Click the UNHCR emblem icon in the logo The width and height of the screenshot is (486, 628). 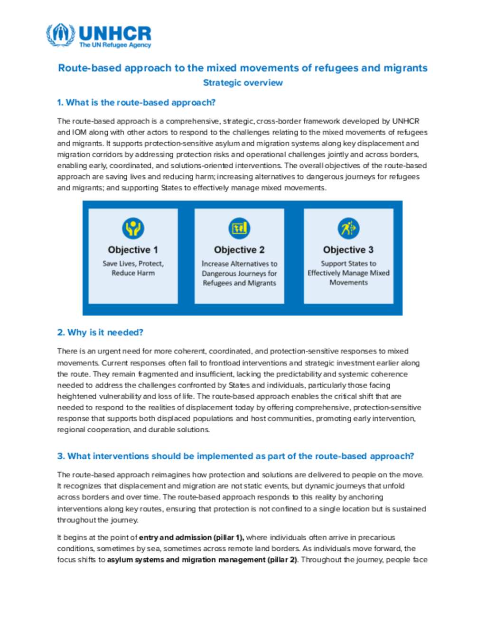click(x=60, y=35)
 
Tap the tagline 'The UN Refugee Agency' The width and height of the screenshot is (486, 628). click(x=115, y=45)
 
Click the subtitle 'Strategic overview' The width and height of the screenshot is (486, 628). click(x=243, y=82)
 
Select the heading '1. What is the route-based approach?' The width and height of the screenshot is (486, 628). click(x=136, y=102)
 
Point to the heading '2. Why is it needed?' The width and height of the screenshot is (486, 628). click(x=100, y=332)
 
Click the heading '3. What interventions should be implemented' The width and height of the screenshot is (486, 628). click(x=235, y=456)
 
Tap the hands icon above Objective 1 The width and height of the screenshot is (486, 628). click(x=133, y=228)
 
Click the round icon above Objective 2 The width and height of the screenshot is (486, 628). click(x=239, y=228)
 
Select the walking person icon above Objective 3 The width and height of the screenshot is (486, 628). click(x=348, y=228)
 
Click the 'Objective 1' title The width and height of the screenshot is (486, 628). click(x=133, y=250)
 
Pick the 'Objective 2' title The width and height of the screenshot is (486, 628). click(x=239, y=250)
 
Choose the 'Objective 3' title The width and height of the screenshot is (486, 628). click(x=348, y=250)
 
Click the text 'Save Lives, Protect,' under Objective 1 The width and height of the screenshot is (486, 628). click(x=133, y=264)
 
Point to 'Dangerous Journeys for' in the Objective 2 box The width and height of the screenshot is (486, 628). click(x=239, y=273)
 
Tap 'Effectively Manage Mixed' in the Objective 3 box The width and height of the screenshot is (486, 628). click(x=348, y=273)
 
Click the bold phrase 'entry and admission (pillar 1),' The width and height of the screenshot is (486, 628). click(x=191, y=537)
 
